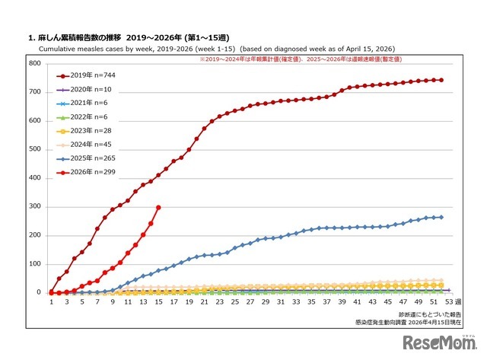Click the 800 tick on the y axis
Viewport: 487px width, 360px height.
tap(35, 63)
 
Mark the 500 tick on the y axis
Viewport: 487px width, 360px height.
tap(35, 149)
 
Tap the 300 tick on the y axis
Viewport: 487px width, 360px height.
tap(35, 206)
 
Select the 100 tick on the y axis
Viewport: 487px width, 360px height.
tap(35, 263)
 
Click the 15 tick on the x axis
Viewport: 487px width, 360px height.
tap(158, 302)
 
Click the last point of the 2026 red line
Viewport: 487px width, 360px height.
tap(158, 207)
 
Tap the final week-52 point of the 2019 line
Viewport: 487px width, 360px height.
tap(441, 80)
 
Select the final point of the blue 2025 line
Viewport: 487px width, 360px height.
tap(441, 217)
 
